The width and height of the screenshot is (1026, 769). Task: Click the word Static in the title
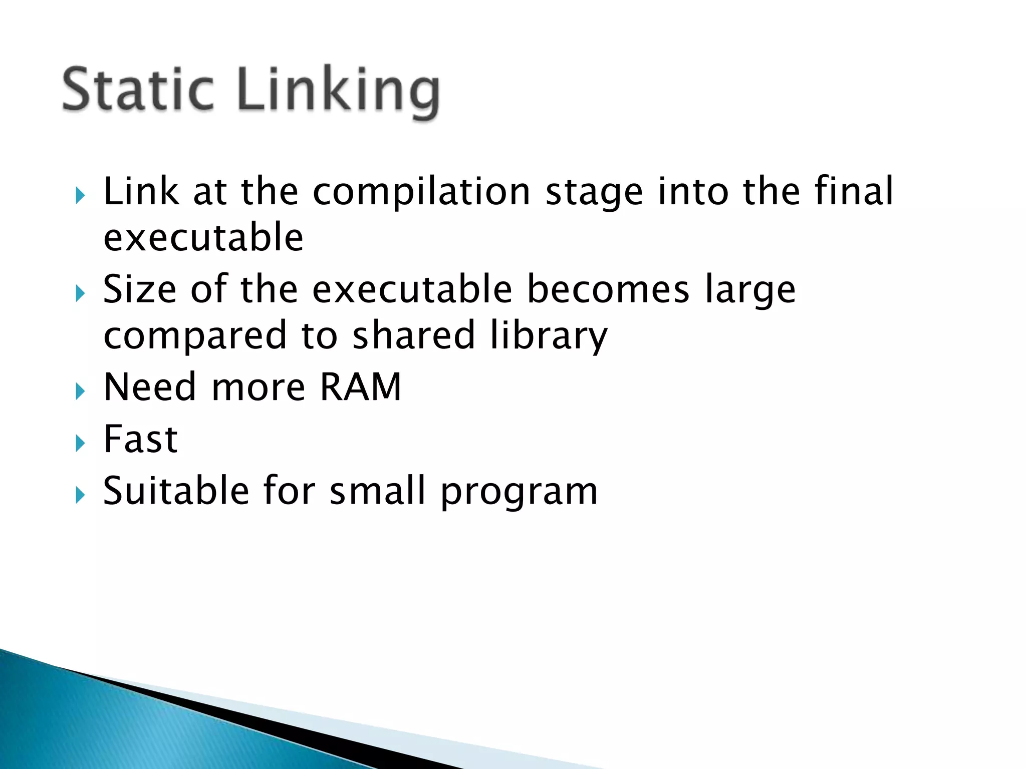coord(138,91)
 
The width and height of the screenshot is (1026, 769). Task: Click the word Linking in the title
coord(339,93)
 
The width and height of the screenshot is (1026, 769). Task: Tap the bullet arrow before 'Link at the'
coord(80,195)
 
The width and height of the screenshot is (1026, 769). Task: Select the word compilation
coord(421,192)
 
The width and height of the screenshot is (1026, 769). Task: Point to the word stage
coord(594,193)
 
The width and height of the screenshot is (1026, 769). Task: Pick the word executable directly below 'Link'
coord(203,237)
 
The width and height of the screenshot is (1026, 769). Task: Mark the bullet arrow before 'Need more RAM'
coord(80,391)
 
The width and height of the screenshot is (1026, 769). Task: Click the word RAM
coord(360,387)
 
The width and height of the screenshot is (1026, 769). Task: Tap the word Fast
coord(140,439)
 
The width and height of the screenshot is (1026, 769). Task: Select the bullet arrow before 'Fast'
coord(80,443)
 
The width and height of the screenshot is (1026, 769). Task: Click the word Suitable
coord(176,490)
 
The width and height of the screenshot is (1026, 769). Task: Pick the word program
coord(519,493)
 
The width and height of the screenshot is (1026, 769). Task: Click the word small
coord(377,490)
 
